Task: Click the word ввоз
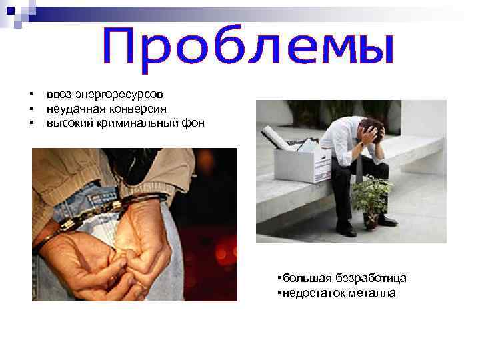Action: pyautogui.click(x=58, y=95)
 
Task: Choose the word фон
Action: pyautogui.click(x=193, y=123)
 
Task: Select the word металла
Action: pyautogui.click(x=371, y=292)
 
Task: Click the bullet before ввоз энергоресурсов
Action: pyautogui.click(x=31, y=95)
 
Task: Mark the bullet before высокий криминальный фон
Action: pyautogui.click(x=31, y=123)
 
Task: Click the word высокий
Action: pyautogui.click(x=65, y=123)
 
